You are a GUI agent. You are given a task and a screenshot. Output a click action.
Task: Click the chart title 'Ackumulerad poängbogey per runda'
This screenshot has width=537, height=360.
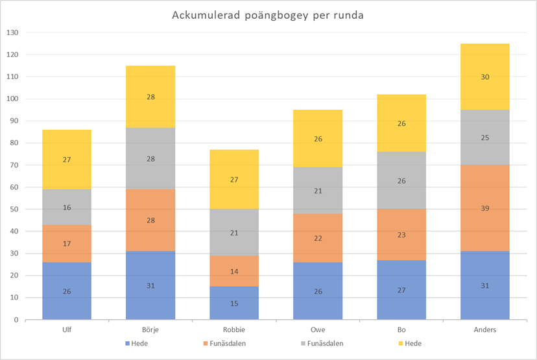[267, 15]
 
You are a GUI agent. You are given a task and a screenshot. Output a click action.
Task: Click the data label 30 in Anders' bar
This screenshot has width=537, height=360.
[485, 77]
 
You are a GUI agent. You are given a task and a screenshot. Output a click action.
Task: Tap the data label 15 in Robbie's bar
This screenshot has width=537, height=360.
[234, 304]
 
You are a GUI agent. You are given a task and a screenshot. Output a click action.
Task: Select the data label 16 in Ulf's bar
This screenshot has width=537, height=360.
[67, 208]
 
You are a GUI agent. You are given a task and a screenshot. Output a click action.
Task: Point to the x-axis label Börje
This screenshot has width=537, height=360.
[150, 329]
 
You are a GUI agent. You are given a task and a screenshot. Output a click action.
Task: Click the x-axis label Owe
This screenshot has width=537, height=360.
[318, 329]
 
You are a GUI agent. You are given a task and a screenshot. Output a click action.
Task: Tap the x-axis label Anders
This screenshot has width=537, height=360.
[485, 329]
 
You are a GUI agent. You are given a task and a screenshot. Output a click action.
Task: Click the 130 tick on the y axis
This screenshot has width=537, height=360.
[13, 33]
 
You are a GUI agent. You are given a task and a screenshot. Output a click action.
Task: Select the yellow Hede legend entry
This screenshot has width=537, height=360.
[409, 342]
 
